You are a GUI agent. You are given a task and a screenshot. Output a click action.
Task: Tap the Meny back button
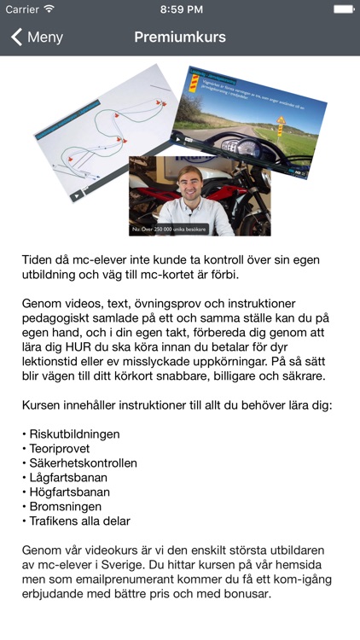[37, 38]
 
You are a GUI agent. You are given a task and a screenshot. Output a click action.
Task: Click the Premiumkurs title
[180, 38]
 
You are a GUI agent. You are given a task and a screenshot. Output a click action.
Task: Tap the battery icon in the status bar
[343, 9]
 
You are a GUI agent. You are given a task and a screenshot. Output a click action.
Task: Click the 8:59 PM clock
[180, 9]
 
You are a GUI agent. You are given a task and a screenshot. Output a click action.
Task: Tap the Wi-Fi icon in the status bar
[49, 9]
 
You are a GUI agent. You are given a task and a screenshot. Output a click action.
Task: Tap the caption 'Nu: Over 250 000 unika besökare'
[169, 230]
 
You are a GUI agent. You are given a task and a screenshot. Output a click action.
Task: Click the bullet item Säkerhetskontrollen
[83, 463]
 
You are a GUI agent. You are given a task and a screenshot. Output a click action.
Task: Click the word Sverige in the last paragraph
[136, 565]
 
